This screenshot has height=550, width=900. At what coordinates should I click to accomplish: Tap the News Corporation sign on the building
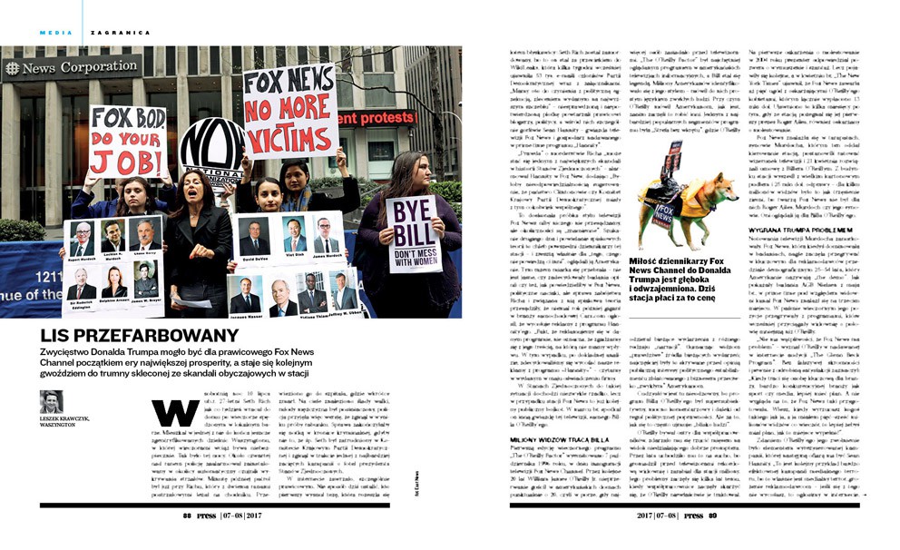point(73,68)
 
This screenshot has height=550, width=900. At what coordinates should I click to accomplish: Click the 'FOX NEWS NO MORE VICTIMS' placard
point(290,109)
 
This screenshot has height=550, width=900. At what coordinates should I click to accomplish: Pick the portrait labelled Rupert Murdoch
point(81,237)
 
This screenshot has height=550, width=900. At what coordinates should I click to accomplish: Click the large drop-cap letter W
point(175,413)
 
